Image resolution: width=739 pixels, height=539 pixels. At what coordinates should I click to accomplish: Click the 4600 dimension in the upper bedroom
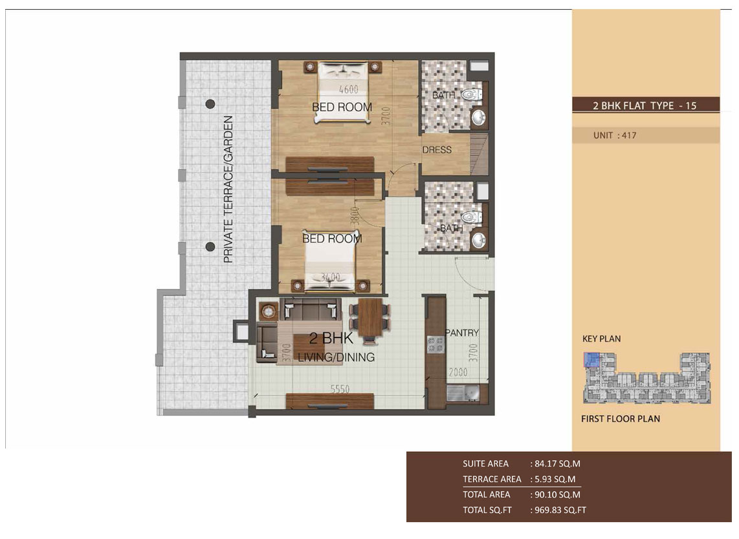349,89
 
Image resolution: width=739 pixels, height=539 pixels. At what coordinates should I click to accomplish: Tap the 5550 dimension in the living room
340,389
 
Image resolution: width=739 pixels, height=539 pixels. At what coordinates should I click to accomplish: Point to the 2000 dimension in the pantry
458,372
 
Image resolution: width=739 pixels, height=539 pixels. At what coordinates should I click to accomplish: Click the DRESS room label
437,150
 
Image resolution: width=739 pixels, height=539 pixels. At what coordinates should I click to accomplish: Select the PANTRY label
462,333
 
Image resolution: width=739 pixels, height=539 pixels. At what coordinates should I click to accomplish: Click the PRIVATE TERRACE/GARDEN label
228,189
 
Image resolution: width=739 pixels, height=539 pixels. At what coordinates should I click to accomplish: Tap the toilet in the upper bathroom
472,94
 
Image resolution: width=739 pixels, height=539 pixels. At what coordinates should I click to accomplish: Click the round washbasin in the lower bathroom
478,240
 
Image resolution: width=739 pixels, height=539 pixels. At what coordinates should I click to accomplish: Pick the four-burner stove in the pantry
435,344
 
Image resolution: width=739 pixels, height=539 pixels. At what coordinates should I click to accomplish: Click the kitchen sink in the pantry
461,393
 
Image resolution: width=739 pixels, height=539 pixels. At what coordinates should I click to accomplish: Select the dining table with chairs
370,319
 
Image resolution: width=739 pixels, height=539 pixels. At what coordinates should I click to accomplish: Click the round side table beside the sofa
269,311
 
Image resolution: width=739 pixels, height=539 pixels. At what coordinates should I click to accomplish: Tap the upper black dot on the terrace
210,103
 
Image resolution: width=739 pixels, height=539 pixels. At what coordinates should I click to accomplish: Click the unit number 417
629,136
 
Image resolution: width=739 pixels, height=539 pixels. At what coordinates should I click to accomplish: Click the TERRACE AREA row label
492,479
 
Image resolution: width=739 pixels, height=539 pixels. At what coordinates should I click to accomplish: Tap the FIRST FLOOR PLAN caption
621,419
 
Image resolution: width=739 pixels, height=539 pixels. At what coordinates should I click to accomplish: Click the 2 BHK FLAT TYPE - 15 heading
645,105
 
